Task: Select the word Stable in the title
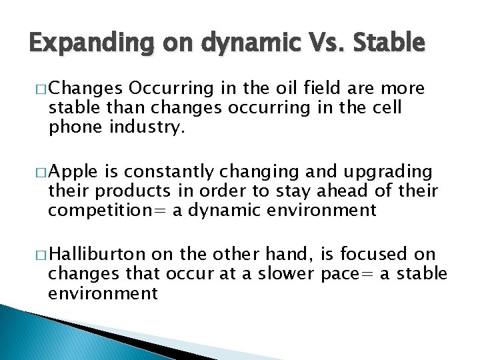pos(390,43)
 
